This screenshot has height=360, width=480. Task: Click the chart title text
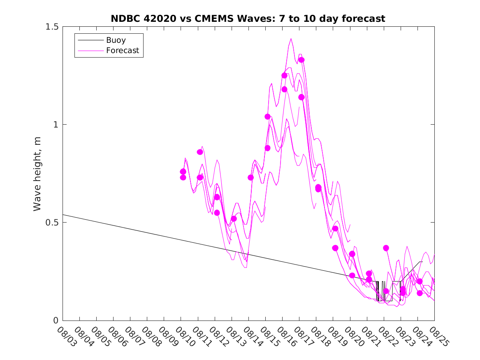248,19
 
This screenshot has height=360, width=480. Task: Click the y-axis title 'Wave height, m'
37,174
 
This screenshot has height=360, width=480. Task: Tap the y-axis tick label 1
56,125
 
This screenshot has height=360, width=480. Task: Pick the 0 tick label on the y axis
56,321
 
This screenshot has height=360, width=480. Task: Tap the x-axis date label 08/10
183,336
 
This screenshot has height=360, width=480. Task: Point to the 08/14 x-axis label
250,336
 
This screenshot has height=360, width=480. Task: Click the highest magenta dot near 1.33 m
301,60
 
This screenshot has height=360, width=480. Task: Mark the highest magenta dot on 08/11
200,152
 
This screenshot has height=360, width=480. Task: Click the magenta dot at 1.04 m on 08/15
267,116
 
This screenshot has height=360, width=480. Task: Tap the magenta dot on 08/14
250,177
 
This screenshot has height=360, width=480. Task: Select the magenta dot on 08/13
234,218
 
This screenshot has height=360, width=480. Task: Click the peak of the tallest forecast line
291,39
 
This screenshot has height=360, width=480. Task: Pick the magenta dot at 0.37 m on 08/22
386,248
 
